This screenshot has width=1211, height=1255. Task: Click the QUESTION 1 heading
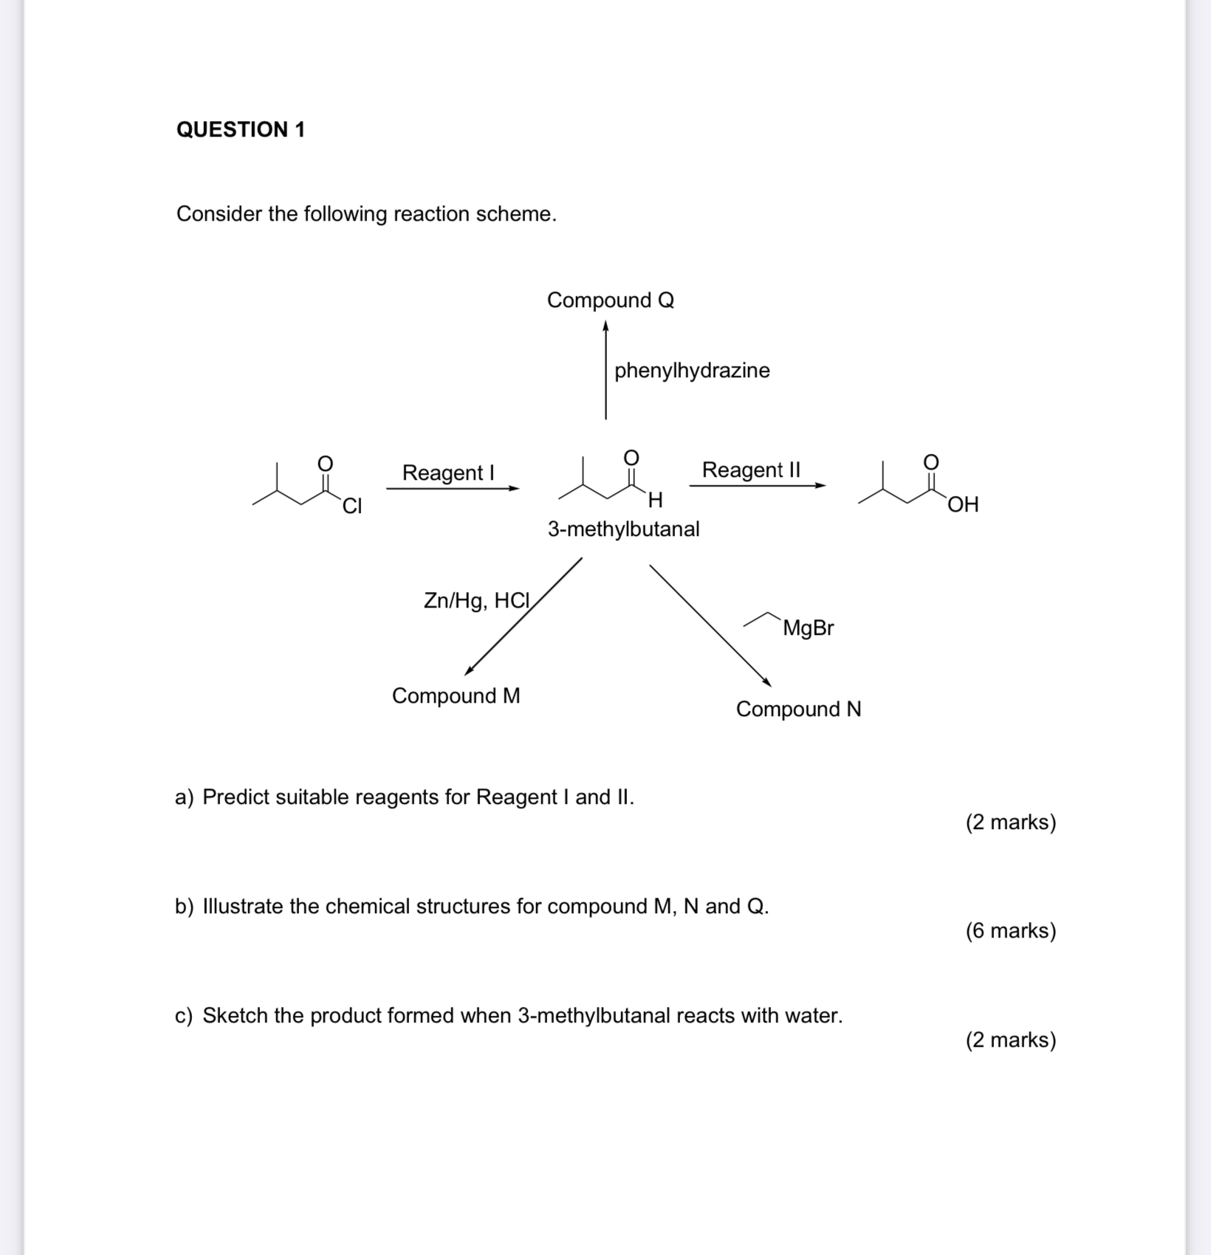click(x=241, y=129)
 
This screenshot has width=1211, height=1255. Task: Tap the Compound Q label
click(x=610, y=300)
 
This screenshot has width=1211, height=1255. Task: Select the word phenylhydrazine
click(x=692, y=371)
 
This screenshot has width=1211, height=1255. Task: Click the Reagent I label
click(x=448, y=472)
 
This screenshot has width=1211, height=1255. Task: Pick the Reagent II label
click(x=751, y=470)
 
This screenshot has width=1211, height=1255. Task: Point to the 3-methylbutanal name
click(x=623, y=529)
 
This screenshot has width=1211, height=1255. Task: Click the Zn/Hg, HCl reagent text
click(x=477, y=601)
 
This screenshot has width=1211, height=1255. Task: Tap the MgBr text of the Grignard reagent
click(x=808, y=628)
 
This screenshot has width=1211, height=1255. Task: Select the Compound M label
click(x=456, y=696)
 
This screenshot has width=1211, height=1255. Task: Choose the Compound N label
click(x=798, y=709)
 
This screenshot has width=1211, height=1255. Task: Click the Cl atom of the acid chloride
click(x=351, y=506)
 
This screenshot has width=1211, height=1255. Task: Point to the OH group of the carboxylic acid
click(x=963, y=505)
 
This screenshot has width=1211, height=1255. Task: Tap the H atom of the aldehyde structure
click(x=654, y=501)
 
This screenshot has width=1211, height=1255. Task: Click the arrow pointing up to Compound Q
click(x=605, y=369)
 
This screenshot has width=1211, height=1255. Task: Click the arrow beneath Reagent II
click(x=757, y=486)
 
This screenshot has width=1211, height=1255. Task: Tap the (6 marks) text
click(x=1010, y=931)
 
